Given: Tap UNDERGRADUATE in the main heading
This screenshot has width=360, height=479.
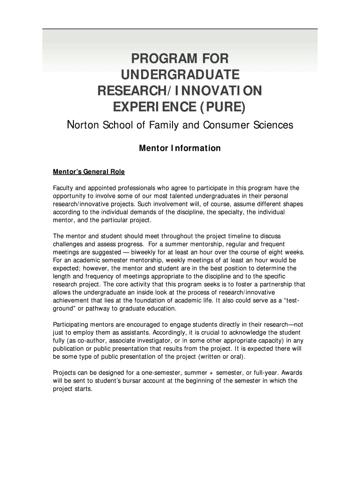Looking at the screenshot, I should (180, 75).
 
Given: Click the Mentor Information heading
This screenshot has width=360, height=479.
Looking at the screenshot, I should (180, 148).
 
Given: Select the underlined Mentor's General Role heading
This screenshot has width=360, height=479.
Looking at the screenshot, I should (89, 172).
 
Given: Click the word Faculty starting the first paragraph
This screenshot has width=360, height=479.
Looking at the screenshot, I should (65, 188).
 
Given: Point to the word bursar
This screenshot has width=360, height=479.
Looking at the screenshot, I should (122, 381).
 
